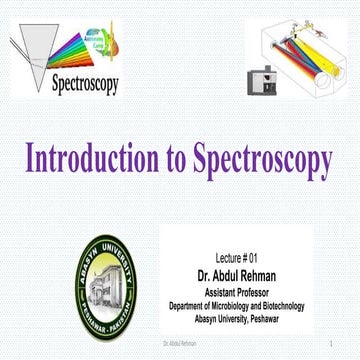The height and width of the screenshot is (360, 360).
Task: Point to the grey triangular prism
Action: tap(29, 50)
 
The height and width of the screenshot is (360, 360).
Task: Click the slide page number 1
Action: tap(328, 345)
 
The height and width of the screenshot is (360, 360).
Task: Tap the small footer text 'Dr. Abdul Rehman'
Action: tap(179, 345)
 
